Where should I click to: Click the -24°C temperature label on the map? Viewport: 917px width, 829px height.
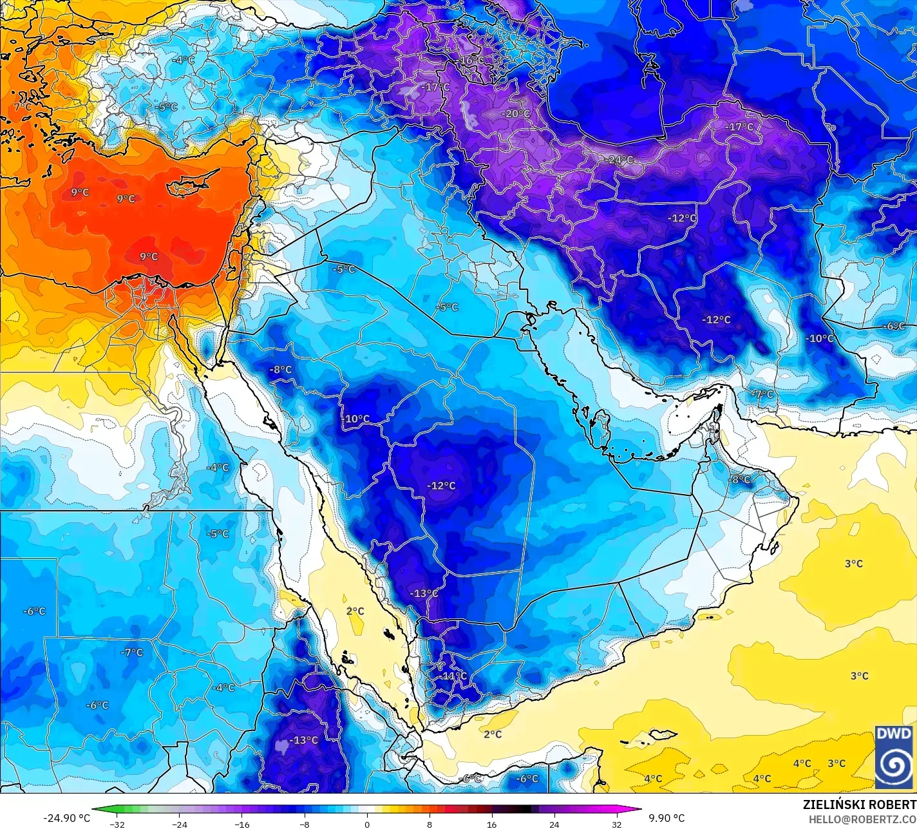(x=621, y=160)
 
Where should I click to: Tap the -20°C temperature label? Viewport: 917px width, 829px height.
(x=516, y=114)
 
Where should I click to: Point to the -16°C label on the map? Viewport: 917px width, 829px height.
(x=471, y=61)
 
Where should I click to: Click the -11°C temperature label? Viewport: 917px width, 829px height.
(x=454, y=676)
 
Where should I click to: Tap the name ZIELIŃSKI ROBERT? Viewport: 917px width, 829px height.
(x=859, y=805)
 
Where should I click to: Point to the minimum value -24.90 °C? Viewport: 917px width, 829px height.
(x=66, y=818)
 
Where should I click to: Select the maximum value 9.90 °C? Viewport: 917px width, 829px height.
(x=666, y=818)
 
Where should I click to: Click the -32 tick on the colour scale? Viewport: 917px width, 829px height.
(x=117, y=824)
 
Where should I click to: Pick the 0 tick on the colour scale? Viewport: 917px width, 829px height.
(x=367, y=824)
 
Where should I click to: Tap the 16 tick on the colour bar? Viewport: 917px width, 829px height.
(x=492, y=824)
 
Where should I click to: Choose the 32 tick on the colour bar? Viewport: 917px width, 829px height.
(x=616, y=824)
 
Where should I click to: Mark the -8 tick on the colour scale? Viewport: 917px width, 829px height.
(x=305, y=824)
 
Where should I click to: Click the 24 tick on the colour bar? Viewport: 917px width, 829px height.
(x=554, y=824)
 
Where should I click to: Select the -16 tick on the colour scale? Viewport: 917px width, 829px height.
(x=242, y=824)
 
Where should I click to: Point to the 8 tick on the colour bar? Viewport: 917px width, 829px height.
(x=430, y=824)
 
